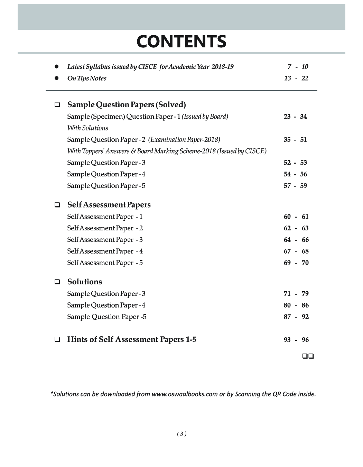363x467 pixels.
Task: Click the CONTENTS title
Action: (x=181, y=42)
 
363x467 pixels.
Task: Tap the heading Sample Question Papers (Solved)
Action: (x=127, y=104)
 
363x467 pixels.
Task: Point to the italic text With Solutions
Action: (x=87, y=128)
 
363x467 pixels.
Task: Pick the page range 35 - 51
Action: (x=295, y=140)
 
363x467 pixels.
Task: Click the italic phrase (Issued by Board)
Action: (x=205, y=117)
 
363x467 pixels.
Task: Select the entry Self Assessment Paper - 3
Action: (x=105, y=240)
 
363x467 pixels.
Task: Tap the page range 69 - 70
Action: (x=296, y=263)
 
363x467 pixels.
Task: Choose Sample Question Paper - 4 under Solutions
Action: (x=106, y=305)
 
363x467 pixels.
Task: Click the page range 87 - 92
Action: (x=296, y=317)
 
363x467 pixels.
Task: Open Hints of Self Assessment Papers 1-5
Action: (x=132, y=339)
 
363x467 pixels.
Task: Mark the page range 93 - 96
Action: (x=296, y=340)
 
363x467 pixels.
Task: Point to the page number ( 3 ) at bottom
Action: (x=181, y=434)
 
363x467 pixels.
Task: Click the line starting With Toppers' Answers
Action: (x=167, y=151)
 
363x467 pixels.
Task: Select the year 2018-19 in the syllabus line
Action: (x=222, y=66)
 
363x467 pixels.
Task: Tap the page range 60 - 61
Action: (x=296, y=217)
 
